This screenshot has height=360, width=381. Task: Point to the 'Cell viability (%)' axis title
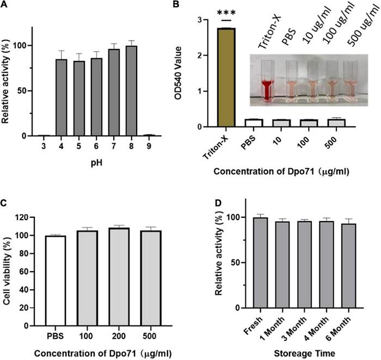[x=8, y=271]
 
